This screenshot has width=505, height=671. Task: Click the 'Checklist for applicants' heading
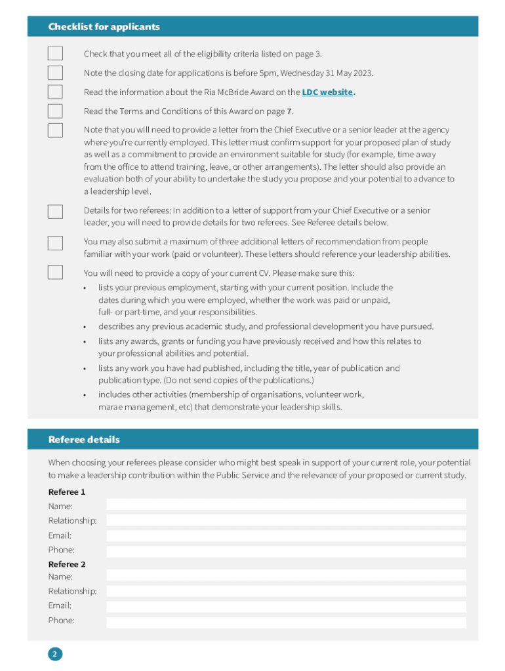coord(104,27)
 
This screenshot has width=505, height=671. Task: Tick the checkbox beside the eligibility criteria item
coord(55,54)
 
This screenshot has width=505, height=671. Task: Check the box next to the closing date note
coord(55,73)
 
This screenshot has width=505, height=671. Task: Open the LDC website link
coord(327,92)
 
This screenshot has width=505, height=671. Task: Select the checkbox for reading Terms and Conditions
coord(55,111)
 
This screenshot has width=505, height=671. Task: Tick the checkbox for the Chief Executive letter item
coord(55,130)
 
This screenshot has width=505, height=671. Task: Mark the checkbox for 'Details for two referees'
coord(55,212)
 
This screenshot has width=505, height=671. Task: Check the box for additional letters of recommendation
coord(55,243)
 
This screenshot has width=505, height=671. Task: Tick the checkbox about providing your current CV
coord(55,273)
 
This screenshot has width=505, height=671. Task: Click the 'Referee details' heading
coord(84,439)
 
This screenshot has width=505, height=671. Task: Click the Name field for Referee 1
coord(286,505)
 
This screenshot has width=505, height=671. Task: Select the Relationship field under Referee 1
coord(286,520)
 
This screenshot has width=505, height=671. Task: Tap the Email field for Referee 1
coord(286,536)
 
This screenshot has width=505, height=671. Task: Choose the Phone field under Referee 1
coord(286,552)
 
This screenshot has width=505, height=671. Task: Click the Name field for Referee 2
coord(286,575)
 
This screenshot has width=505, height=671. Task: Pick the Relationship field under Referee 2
coord(286,591)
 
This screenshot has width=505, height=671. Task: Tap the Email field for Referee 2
coord(286,607)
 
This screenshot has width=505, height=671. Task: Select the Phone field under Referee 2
coord(286,623)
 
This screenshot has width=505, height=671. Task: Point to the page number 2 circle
coord(55,654)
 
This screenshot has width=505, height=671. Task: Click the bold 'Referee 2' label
coord(67,564)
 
